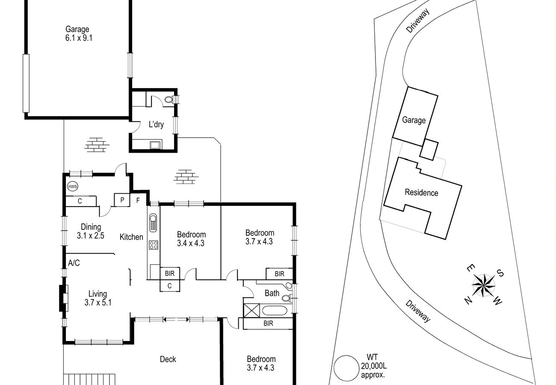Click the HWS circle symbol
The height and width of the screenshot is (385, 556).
[73, 187]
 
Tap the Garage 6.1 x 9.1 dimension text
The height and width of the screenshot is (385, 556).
[79, 38]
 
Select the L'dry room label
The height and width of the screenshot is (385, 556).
[156, 124]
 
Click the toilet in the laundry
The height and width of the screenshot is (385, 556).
[169, 100]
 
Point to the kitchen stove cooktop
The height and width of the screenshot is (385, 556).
[154, 245]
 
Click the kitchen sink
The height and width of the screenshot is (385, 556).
[153, 223]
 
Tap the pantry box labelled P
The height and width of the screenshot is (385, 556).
[122, 200]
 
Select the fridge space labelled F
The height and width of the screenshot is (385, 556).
[138, 200]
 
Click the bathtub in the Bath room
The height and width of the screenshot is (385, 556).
[275, 311]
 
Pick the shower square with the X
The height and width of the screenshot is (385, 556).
[251, 311]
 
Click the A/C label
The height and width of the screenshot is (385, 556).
[74, 263]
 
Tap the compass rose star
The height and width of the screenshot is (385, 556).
[483, 286]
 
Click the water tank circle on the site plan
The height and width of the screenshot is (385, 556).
[346, 368]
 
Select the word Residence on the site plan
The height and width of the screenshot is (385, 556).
[421, 192]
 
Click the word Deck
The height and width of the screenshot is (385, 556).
[168, 359]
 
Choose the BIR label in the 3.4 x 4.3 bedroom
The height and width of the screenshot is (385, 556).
[170, 273]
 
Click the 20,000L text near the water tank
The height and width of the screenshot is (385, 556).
[373, 366]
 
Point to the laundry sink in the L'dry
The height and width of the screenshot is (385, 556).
[155, 145]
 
